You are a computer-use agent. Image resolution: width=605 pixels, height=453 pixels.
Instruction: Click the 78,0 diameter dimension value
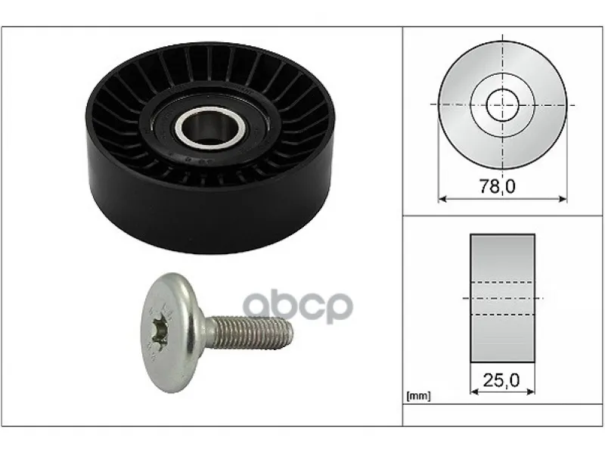point(498,186)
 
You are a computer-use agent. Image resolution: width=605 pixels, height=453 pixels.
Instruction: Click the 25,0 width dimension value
point(501,380)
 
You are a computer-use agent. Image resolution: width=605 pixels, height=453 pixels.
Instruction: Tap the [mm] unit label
point(418,396)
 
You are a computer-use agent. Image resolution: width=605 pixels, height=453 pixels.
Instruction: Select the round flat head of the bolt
point(169,333)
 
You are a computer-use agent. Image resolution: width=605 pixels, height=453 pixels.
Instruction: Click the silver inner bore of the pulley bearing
point(210,126)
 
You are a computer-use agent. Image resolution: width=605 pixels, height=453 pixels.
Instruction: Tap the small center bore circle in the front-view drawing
point(502,104)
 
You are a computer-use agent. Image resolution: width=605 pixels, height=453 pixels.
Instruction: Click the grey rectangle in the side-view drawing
point(502,298)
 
